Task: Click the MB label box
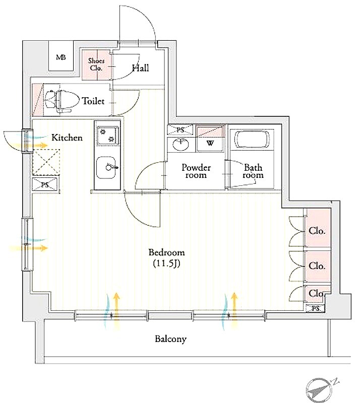coord(61,57)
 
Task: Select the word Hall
coord(140,68)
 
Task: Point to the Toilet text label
coord(94,101)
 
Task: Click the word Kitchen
coord(67,137)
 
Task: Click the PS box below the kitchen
coord(45,185)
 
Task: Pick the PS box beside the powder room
coord(180,130)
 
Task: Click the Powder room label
coord(196,171)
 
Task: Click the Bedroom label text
coord(166,252)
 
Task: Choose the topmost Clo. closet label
coord(317,232)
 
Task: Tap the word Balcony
coord(170,339)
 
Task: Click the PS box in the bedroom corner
coord(316,308)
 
